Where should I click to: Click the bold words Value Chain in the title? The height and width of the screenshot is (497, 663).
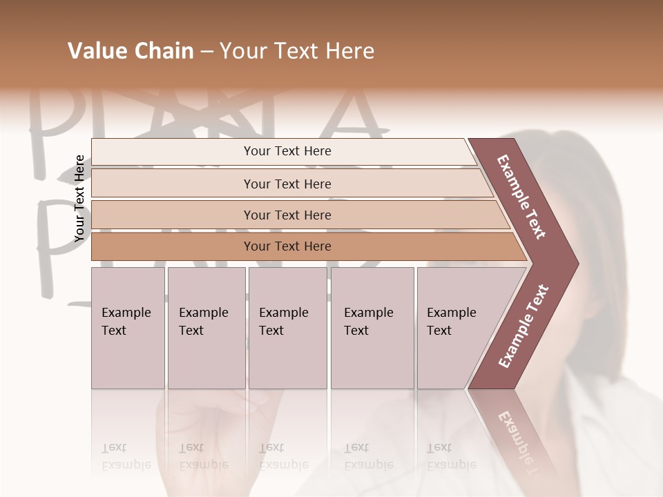(x=131, y=51)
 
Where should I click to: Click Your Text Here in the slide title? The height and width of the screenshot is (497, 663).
(x=297, y=51)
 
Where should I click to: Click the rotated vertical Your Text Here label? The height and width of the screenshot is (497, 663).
(x=79, y=199)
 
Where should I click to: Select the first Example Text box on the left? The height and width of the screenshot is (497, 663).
(x=128, y=328)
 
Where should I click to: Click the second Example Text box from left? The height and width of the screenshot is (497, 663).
(x=206, y=328)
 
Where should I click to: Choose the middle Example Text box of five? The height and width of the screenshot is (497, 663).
(x=287, y=328)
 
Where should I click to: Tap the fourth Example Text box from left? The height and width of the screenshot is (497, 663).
(x=372, y=328)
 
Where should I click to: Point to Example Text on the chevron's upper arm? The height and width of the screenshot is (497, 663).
(x=522, y=197)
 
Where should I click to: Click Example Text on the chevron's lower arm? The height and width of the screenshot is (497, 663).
(x=523, y=326)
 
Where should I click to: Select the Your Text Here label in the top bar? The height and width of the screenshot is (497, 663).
(x=287, y=151)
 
